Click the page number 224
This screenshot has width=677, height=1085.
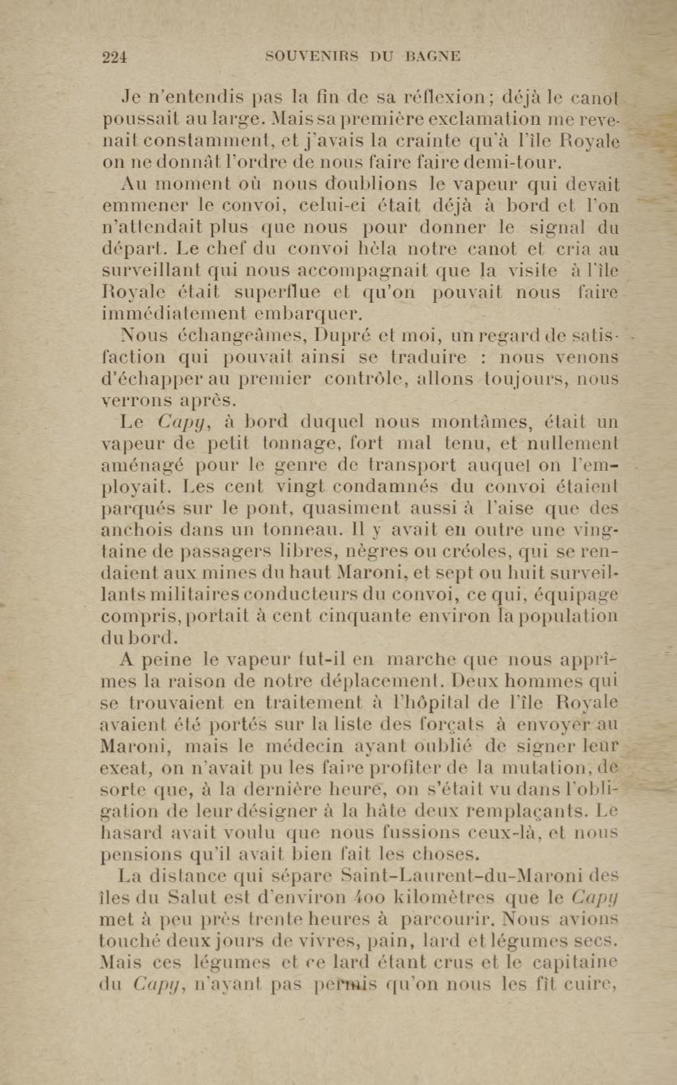(115, 58)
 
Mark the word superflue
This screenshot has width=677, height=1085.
(278, 293)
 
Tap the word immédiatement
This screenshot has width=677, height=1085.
(174, 314)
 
